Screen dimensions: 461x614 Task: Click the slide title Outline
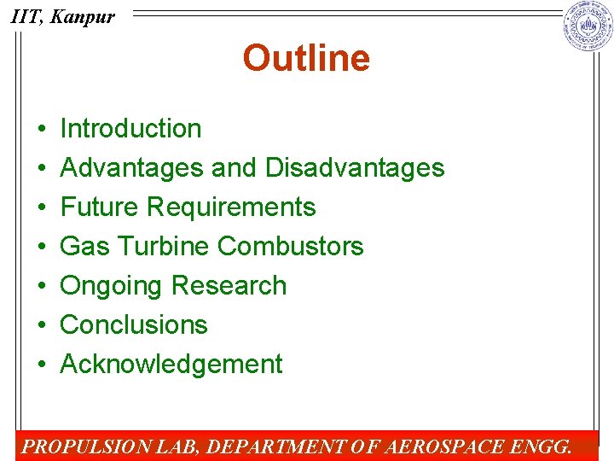[306, 59]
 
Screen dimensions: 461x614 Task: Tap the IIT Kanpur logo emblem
[588, 26]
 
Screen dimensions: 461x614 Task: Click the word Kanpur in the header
[82, 16]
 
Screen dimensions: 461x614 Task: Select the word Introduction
[130, 129]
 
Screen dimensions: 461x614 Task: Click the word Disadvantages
[355, 168]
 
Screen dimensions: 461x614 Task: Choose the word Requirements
[232, 207]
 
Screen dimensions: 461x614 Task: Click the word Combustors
[290, 247]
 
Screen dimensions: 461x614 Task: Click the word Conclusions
[134, 325]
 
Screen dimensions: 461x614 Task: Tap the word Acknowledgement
[171, 365]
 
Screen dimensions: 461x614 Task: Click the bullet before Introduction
[41, 130]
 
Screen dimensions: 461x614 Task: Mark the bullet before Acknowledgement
[41, 365]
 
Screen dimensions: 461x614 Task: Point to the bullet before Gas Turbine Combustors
[41, 248]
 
